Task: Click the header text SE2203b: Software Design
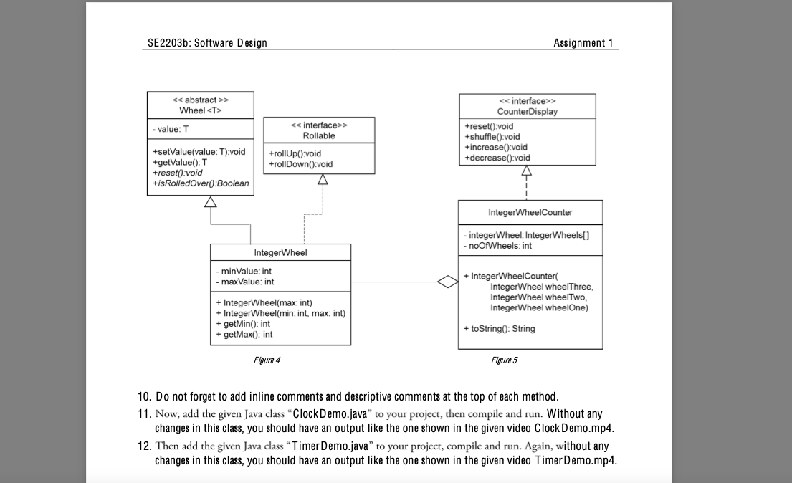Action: [x=207, y=43]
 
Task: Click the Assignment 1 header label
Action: [x=583, y=43]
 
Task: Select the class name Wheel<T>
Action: [x=200, y=110]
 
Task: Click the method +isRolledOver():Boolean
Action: [x=201, y=183]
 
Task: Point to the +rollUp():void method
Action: [x=295, y=153]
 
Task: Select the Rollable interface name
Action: [x=319, y=135]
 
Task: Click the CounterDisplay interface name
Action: [x=527, y=111]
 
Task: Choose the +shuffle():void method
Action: [x=492, y=137]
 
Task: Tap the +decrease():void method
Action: [x=497, y=158]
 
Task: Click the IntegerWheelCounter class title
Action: [x=530, y=213]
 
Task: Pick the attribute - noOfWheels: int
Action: [x=500, y=246]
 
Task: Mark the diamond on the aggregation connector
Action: [x=447, y=282]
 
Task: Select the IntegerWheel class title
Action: [x=280, y=253]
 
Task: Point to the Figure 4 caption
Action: [x=267, y=360]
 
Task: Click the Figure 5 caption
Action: [x=505, y=360]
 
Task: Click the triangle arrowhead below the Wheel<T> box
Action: [x=210, y=202]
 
